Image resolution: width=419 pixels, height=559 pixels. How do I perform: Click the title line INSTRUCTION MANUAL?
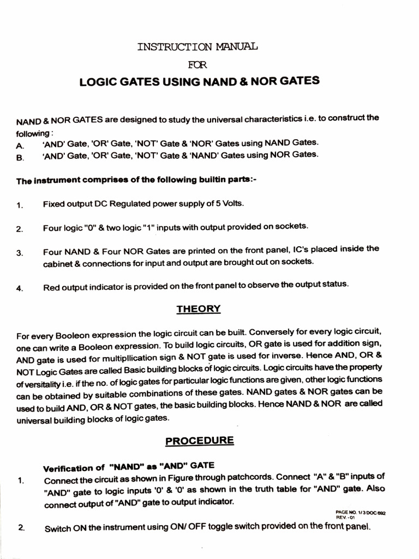[197, 46]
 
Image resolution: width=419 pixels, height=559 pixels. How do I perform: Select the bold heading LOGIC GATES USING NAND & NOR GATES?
[199, 82]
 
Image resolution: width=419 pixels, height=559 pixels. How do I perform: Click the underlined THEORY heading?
[199, 309]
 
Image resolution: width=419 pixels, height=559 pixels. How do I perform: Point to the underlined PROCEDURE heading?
[200, 441]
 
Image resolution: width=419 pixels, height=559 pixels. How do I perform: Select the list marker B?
[20, 158]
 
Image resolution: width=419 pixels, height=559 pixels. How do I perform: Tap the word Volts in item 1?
[233, 204]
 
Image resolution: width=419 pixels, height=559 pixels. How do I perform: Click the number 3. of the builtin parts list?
[20, 253]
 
